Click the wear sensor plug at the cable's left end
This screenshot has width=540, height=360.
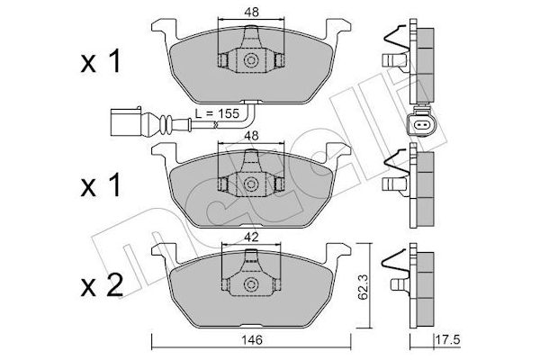pyautogui.click(x=125, y=118)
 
